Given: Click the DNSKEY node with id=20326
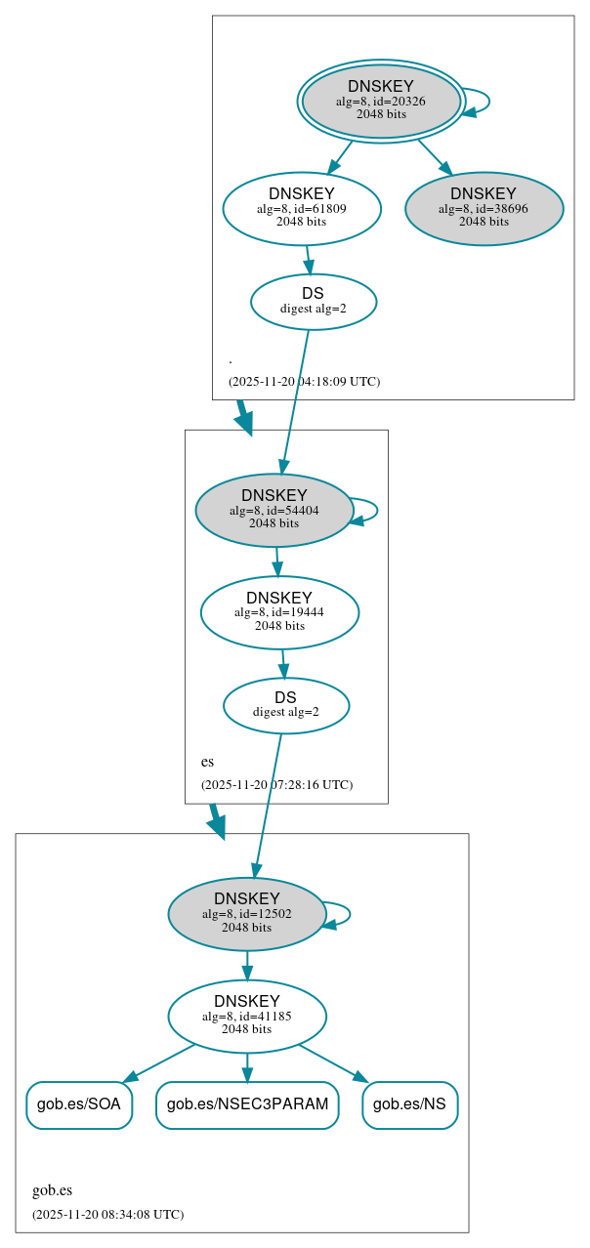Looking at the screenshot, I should click(381, 101).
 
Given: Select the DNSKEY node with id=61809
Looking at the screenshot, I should click(301, 208).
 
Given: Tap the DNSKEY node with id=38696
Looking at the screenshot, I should click(484, 208).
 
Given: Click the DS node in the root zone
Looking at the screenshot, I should click(313, 301).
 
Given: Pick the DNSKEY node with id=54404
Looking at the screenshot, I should click(274, 510).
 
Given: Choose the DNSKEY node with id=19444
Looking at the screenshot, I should click(279, 612).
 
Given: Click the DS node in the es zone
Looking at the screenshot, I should click(285, 705).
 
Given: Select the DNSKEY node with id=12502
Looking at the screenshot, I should click(246, 914).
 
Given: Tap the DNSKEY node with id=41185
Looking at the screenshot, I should click(246, 1017).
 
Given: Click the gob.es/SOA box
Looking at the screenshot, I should click(78, 1104).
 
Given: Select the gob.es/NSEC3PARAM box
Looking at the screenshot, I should click(247, 1104).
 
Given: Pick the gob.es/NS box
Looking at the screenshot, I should click(409, 1104).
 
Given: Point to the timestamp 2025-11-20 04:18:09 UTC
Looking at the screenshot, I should click(304, 382).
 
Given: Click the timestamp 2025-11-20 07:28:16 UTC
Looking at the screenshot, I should click(276, 785).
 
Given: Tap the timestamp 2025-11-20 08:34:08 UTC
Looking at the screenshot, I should click(107, 1215).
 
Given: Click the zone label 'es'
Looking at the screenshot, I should click(207, 762).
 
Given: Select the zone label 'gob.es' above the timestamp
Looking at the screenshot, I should click(52, 1190).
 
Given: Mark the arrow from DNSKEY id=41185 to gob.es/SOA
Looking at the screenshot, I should click(158, 1062).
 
